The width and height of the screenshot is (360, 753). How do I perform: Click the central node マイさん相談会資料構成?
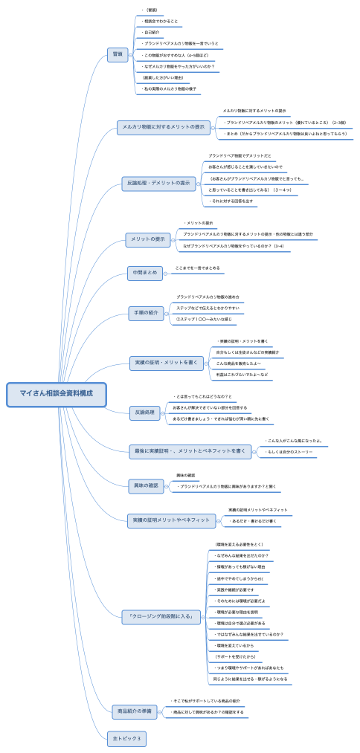(57, 394)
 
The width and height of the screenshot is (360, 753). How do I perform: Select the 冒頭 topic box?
(118, 54)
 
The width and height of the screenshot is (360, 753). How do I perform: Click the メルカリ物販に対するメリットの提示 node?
(164, 127)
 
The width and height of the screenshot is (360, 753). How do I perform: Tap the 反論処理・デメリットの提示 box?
(158, 184)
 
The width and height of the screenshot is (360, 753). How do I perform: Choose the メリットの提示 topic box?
(149, 239)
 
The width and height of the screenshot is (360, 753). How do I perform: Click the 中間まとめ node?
(144, 273)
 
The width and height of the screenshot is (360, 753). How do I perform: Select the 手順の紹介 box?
(145, 313)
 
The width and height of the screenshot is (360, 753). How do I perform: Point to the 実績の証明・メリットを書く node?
(166, 363)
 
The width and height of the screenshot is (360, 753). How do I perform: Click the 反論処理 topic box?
(144, 412)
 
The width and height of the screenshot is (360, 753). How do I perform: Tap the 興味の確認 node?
(146, 485)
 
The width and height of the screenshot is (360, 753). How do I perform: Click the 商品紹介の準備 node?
(135, 711)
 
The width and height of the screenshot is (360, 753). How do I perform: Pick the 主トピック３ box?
(127, 739)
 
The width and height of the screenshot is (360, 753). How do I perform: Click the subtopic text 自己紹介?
(150, 33)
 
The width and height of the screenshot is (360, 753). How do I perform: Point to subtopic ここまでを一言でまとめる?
(197, 268)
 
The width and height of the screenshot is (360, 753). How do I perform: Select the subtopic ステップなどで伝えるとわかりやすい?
(208, 308)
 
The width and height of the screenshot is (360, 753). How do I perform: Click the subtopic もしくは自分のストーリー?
(289, 451)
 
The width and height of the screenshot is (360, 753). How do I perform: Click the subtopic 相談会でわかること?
(161, 22)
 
